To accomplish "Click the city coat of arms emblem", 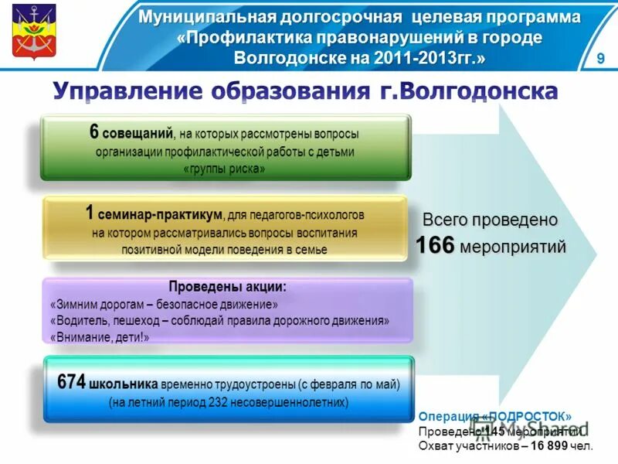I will (33, 32).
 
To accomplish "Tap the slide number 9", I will (600, 61).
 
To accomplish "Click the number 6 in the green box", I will (93, 132).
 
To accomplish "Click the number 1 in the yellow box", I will (90, 213).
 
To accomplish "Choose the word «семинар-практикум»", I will (161, 213).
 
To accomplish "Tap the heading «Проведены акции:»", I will (227, 286).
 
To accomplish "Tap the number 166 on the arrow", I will (435, 246).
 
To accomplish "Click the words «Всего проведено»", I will (489, 220).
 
